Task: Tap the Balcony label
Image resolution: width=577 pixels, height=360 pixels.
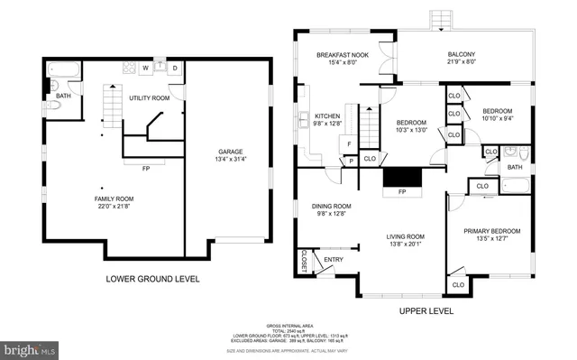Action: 461,55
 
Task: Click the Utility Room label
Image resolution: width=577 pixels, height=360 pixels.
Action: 149,97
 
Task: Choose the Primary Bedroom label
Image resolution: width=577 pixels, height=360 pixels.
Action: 489,230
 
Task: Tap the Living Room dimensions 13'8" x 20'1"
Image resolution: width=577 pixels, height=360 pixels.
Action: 406,245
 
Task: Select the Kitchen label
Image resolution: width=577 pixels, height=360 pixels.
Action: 325,116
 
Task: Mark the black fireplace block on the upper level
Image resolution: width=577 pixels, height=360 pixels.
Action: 402,179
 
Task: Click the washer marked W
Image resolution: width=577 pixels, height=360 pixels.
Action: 143,68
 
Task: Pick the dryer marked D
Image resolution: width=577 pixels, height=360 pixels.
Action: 175,68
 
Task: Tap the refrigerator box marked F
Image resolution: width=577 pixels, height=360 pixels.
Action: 346,144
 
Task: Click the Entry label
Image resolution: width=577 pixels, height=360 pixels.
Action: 334,260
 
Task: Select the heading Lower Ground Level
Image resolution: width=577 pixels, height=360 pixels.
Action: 152,279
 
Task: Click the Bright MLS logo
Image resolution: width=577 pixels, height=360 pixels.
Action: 29,347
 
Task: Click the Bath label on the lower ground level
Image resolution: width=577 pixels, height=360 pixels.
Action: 63,95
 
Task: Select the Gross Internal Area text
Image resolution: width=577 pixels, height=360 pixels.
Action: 288,325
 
